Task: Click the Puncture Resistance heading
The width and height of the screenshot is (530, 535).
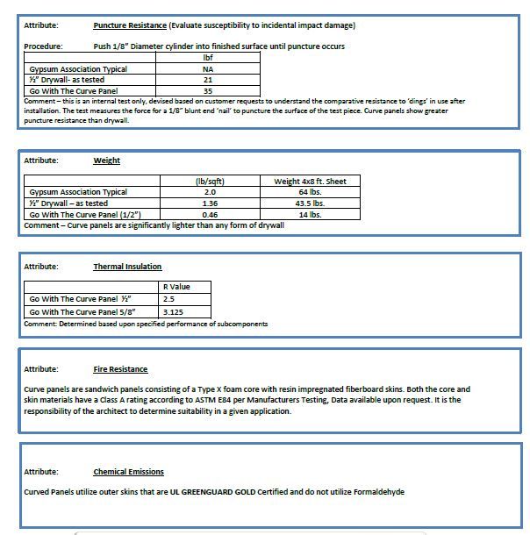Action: [x=129, y=25]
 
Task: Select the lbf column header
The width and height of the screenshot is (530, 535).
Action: [x=208, y=58]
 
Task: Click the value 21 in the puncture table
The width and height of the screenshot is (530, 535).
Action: [x=208, y=80]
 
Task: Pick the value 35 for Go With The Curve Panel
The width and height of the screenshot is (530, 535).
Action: [x=208, y=90]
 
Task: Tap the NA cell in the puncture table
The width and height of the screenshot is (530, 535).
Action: [x=208, y=68]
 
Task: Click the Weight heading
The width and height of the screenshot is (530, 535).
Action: [x=107, y=160]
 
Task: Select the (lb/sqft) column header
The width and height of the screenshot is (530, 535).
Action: [x=211, y=182]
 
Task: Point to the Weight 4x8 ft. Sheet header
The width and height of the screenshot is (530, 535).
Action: [x=310, y=182]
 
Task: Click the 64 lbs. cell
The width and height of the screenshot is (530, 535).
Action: [x=310, y=192]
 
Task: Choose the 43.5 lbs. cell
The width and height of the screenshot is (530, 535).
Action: [x=310, y=203]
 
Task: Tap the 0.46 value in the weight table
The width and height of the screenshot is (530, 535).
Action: [x=211, y=214]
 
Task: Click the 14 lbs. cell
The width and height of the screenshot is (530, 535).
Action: [x=310, y=214]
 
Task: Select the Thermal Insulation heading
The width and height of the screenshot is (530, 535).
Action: [x=127, y=267]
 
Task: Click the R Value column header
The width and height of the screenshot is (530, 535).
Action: [x=176, y=287]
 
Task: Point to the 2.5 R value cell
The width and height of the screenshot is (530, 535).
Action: [x=169, y=299]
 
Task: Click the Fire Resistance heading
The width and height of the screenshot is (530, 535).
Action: [x=120, y=369]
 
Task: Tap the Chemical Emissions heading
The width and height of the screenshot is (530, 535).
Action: [x=128, y=472]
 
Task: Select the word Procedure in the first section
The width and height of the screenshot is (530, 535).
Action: [x=43, y=46]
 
